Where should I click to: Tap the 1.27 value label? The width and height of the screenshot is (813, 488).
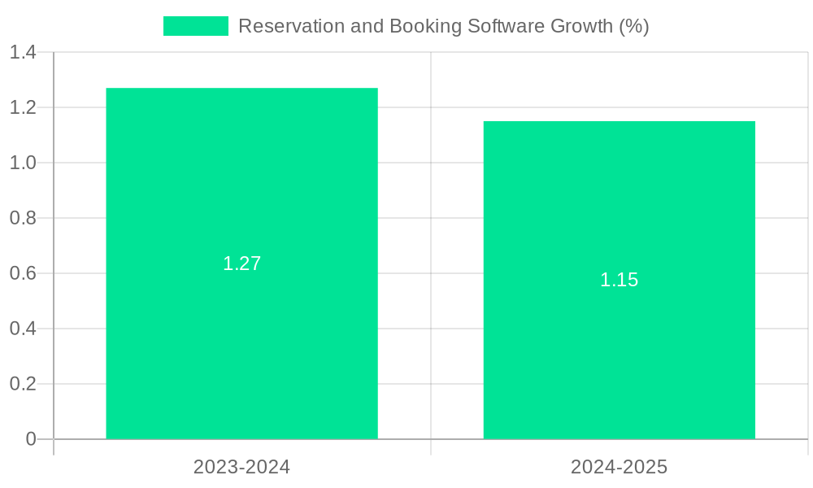coord(241,264)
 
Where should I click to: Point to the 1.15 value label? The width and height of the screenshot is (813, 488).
coord(619,280)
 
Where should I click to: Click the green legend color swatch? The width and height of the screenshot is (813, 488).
coord(196,26)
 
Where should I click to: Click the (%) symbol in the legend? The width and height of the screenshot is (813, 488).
coord(633,26)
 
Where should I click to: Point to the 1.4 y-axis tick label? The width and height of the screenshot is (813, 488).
coord(23,53)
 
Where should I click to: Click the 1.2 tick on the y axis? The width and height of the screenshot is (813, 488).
coord(23,107)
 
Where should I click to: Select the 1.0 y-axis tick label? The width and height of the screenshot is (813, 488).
coord(23,163)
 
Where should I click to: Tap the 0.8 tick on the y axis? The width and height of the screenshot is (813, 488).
coord(23,218)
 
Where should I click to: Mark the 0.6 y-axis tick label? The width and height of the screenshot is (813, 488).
coord(23,273)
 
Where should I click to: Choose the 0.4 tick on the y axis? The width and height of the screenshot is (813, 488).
coord(23,329)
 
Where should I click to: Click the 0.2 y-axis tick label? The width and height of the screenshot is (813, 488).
coord(23,384)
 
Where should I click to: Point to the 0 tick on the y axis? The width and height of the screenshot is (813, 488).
coord(31,439)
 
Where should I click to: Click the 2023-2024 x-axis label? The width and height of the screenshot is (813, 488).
coord(241,467)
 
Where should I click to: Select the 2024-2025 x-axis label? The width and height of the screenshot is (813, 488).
coord(619,467)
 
